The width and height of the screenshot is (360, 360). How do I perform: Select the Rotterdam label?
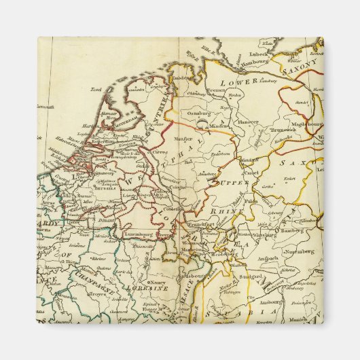point(105,141)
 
